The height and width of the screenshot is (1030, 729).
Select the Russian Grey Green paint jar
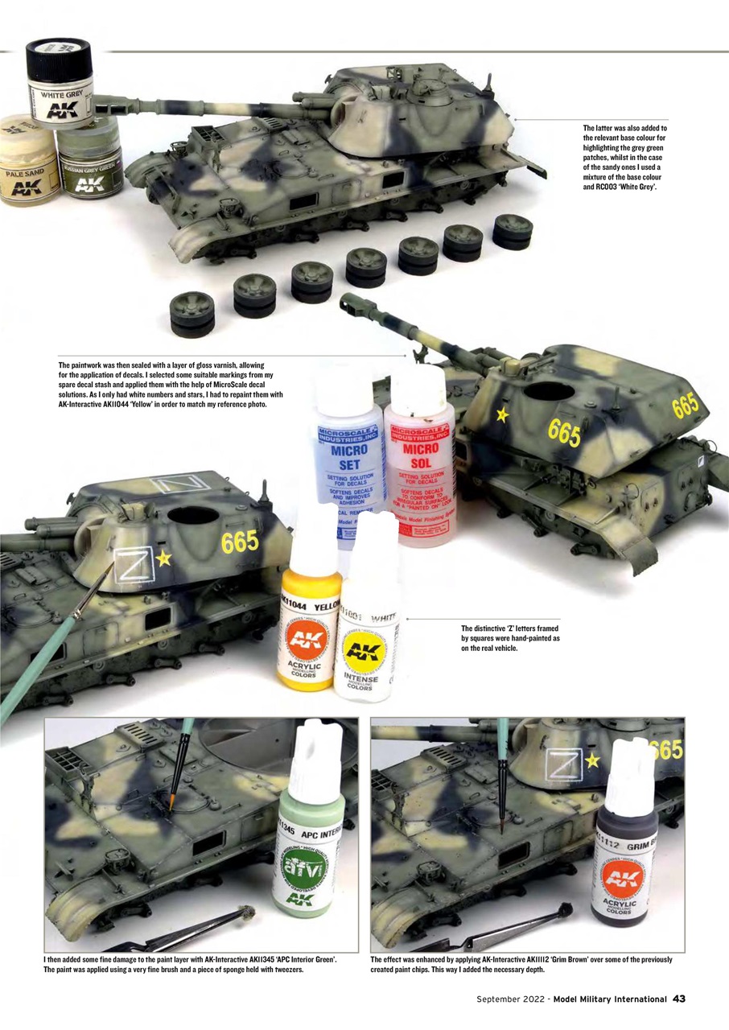click(88, 164)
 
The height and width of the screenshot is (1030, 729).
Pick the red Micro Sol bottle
click(419, 455)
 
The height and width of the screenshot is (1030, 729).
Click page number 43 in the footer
click(679, 999)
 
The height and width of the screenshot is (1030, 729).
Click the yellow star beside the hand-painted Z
click(164, 558)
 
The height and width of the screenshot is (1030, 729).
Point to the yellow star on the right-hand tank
click(503, 414)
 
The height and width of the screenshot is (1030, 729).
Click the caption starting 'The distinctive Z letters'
click(510, 637)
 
